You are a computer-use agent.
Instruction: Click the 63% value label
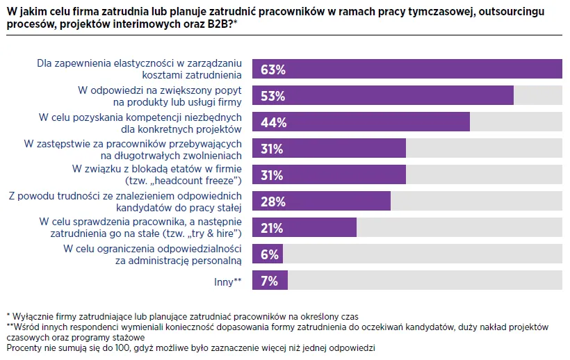(x=272, y=69)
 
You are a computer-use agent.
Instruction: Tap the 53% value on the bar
(x=272, y=96)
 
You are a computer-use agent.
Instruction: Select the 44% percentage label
(x=272, y=122)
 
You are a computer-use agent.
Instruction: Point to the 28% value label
(x=272, y=202)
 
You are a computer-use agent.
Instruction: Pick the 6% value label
(x=269, y=254)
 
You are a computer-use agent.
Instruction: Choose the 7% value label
(x=269, y=281)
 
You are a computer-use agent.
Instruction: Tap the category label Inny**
(x=227, y=281)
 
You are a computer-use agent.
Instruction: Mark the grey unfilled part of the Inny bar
(x=424, y=281)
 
